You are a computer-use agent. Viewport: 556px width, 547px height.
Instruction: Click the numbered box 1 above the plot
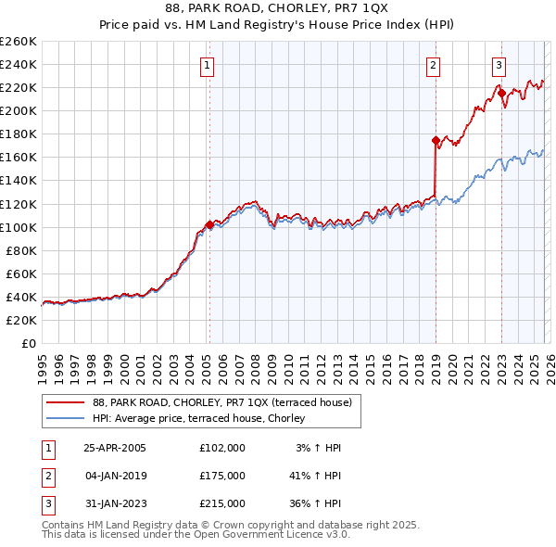point(206,65)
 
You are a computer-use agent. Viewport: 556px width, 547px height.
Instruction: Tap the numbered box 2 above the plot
point(433,65)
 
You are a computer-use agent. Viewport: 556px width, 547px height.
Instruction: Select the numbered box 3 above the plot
point(499,65)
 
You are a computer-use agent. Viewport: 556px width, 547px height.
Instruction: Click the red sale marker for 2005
point(209,224)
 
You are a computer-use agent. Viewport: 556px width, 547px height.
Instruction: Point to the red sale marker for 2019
point(435,140)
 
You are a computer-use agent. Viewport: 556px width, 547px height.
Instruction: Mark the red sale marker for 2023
point(500,93)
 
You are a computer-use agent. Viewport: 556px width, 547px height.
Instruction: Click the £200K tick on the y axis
point(19,110)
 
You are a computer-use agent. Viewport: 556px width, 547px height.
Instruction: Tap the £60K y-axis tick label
point(21,273)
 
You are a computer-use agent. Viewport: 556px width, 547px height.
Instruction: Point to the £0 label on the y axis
point(29,343)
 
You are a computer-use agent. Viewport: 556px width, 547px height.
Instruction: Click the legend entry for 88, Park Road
point(222,402)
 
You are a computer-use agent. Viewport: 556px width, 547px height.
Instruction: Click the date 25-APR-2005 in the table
point(115,448)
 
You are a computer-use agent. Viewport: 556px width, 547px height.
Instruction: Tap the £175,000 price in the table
point(222,476)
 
